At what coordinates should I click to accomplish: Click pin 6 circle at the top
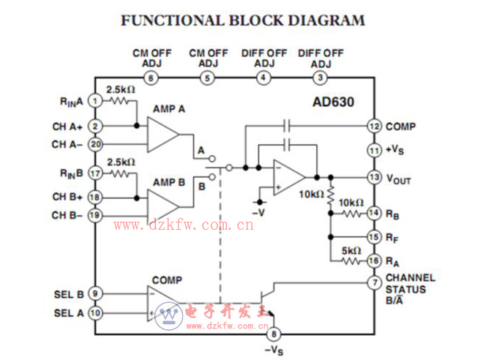[x=151, y=78]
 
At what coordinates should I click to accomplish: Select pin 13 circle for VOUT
[x=374, y=177]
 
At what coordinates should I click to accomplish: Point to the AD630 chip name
[x=332, y=102]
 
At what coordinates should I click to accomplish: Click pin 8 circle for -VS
[x=274, y=335]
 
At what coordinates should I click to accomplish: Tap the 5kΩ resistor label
[x=352, y=250]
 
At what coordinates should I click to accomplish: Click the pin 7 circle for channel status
[x=374, y=282]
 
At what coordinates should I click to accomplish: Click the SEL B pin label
[x=70, y=293]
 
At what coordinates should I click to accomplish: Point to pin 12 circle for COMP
[x=374, y=126]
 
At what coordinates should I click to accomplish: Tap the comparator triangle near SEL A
[x=162, y=303]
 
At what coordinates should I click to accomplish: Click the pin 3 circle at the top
[x=320, y=78]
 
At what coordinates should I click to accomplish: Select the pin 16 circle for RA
[x=374, y=260]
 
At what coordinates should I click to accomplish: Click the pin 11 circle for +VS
[x=374, y=150]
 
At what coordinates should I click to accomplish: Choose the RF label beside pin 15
[x=394, y=237]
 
